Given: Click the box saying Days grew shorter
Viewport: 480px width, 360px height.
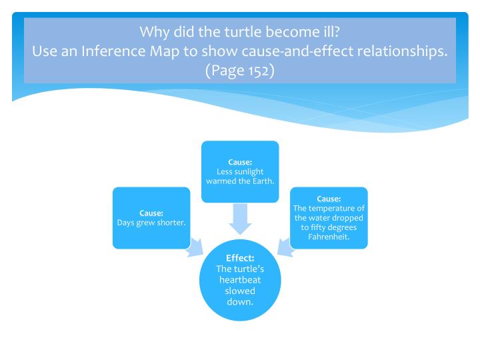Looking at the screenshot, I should pos(151,218).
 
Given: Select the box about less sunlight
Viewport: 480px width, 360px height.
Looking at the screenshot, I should pos(240,171).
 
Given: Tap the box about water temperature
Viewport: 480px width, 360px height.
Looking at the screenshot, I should pos(329,218).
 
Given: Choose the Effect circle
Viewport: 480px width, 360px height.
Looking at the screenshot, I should pos(240,280).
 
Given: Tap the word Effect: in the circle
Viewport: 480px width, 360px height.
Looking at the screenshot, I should pos(240,257).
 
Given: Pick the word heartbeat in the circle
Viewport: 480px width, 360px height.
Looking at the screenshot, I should pos(240,280).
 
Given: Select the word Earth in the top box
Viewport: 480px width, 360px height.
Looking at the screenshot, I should pos(263,180).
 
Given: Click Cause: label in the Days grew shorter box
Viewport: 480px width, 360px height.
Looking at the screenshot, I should pos(151,213).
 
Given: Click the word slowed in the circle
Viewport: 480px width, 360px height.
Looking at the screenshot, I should pos(240,291).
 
